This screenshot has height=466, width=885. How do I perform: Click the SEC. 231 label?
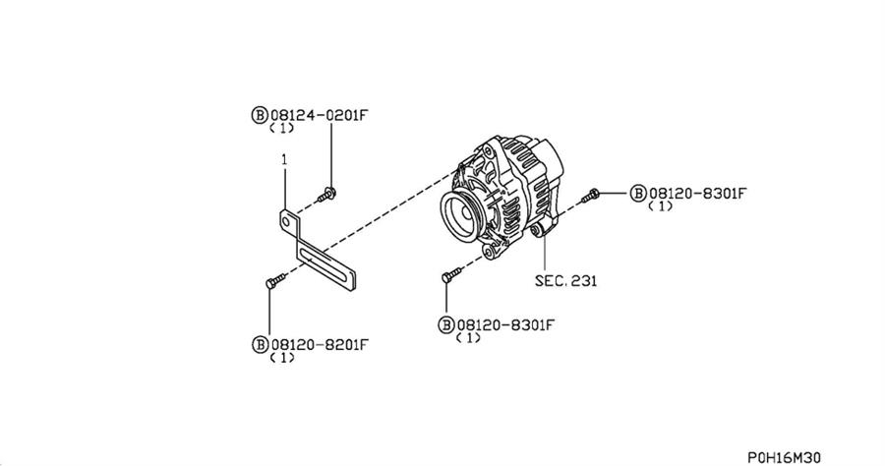(x=565, y=280)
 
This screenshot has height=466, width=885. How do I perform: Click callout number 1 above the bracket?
(x=283, y=158)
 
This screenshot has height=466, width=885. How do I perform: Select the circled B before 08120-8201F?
(x=260, y=344)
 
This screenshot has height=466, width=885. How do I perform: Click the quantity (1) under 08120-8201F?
(x=282, y=358)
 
